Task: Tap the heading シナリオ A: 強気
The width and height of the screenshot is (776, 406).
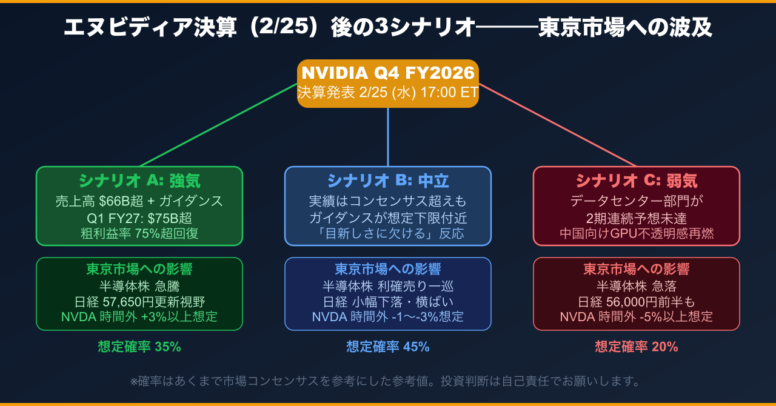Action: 139,181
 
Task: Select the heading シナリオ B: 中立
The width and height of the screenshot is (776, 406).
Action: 388,181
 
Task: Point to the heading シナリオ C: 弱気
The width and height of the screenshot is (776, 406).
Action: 637,181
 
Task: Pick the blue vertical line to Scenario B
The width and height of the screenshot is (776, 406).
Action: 388,136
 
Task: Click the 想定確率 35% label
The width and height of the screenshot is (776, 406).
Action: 139,347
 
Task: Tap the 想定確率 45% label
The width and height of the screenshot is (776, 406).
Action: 388,347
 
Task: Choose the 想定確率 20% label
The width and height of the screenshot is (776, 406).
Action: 637,347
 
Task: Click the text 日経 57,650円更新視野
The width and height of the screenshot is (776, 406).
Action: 139,301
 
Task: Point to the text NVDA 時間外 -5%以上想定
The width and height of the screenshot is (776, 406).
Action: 637,316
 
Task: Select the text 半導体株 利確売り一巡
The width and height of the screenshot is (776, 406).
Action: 388,286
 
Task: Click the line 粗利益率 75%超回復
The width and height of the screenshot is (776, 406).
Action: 139,233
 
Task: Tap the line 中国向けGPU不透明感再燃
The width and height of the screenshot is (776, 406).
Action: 637,233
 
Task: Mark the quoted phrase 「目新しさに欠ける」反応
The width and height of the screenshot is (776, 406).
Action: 388,233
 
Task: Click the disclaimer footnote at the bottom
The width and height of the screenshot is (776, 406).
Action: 386,381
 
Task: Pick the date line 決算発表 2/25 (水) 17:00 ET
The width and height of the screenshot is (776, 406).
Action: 388,93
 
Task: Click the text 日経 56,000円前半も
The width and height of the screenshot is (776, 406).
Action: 637,301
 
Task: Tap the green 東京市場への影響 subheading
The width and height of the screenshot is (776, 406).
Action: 139,269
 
